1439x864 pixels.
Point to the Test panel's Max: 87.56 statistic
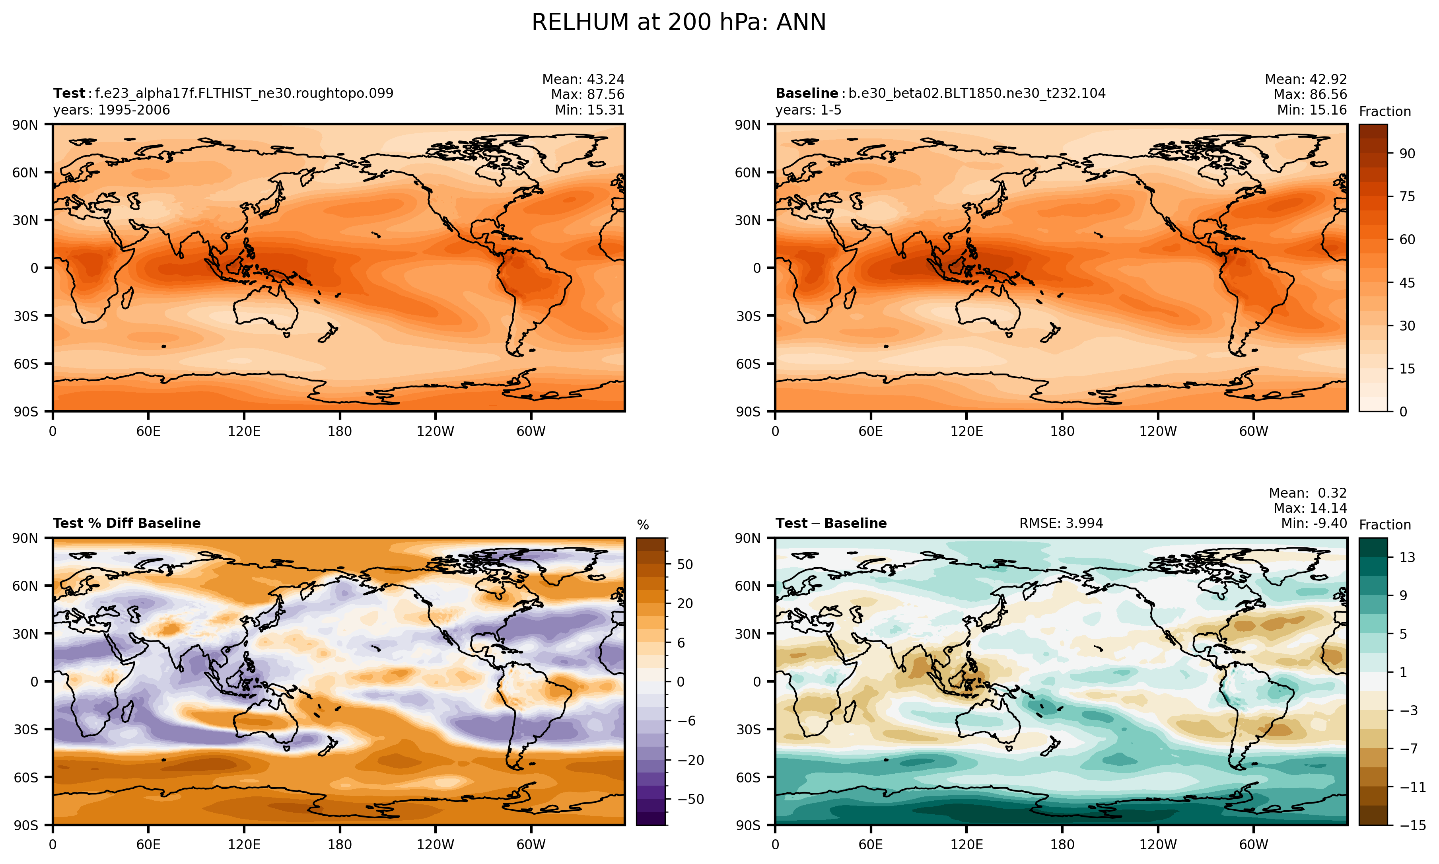tap(587, 94)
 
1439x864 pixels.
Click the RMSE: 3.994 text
tap(1061, 523)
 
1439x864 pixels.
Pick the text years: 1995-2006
tap(111, 110)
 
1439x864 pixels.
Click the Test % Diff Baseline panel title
tap(126, 523)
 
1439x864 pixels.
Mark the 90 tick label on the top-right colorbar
tap(1407, 154)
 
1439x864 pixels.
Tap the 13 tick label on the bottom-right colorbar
tap(1407, 557)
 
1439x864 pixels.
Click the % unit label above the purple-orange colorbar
tap(643, 525)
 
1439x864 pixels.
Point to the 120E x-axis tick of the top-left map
tap(244, 432)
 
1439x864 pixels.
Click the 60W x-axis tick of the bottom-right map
tap(1253, 845)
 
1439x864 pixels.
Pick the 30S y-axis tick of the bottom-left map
tap(26, 730)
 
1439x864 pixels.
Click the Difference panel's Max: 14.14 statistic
tap(1310, 508)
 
